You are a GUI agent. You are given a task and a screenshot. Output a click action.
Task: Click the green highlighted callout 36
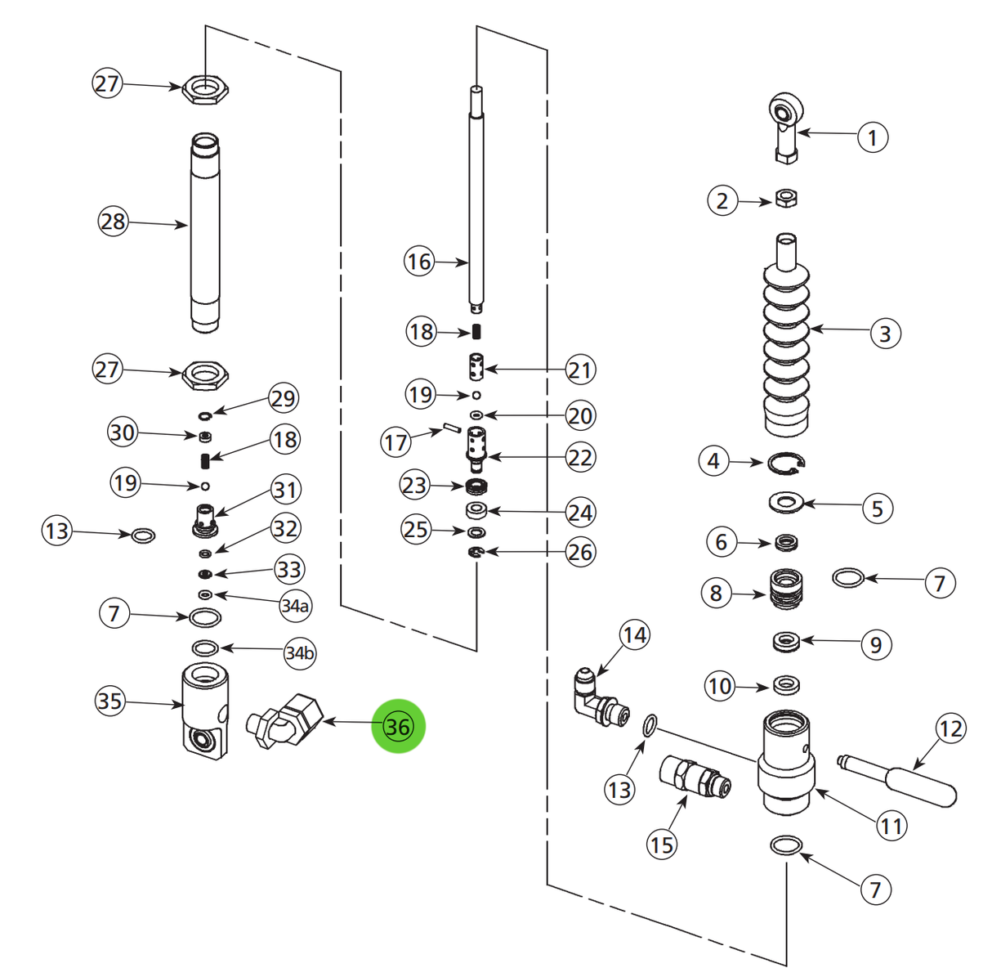tap(398, 726)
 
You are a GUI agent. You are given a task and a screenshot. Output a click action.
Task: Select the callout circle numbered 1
tap(872, 137)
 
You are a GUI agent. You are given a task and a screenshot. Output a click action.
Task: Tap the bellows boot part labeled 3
tap(786, 343)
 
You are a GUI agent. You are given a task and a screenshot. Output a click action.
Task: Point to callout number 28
tap(114, 222)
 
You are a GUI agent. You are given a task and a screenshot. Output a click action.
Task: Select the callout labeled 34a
tap(294, 606)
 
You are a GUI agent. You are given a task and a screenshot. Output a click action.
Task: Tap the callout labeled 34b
tap(299, 653)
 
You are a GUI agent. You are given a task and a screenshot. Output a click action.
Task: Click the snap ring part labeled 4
tap(787, 464)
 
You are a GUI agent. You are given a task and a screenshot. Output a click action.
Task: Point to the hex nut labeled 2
tap(785, 198)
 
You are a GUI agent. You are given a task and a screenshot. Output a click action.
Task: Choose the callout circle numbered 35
tap(109, 701)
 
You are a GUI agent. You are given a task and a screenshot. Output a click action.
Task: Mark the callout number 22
tap(579, 457)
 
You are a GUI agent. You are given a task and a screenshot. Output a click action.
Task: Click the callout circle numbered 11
tap(891, 826)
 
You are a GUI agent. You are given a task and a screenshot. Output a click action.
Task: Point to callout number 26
tap(579, 553)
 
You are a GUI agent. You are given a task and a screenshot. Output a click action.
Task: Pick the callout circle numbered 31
tap(284, 490)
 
